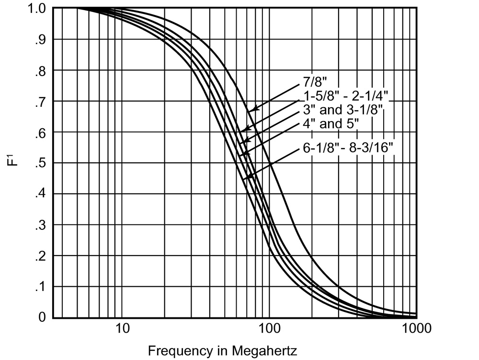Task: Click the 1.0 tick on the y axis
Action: (x=36, y=8)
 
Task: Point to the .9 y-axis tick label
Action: (x=40, y=39)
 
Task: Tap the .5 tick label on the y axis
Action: (x=40, y=163)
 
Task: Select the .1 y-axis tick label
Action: (x=40, y=287)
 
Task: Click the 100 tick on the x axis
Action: (x=269, y=329)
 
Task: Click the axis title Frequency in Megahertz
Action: (x=222, y=351)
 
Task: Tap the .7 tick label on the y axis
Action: (x=40, y=101)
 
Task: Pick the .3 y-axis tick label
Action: (x=40, y=225)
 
